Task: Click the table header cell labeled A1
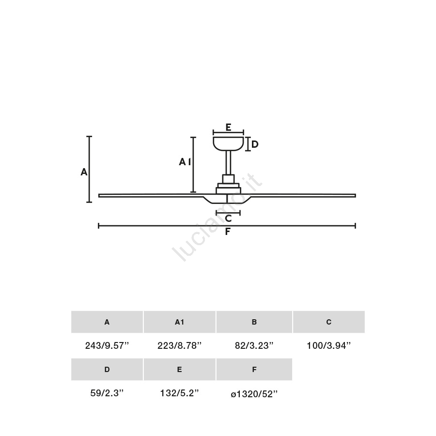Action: coord(179,322)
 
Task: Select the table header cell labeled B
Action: coord(254,322)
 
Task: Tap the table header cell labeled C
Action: coord(328,322)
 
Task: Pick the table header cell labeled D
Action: coord(107,369)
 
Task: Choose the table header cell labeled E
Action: coord(179,369)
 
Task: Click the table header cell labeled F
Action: coord(254,369)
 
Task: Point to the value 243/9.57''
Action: coord(107,345)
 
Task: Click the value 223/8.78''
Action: coord(179,345)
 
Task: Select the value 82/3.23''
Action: coord(254,345)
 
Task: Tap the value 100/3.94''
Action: coord(328,345)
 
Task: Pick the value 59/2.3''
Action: coord(107,393)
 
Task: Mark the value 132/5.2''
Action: coord(179,393)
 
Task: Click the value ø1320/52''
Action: coord(254,394)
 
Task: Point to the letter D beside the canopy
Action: coord(255,144)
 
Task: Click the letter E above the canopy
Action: coord(228,127)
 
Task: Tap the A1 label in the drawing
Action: coord(185,161)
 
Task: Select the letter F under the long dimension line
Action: coord(228,232)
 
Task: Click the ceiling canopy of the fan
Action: coord(228,144)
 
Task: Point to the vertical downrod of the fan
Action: coord(228,163)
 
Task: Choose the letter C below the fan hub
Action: coord(228,218)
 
